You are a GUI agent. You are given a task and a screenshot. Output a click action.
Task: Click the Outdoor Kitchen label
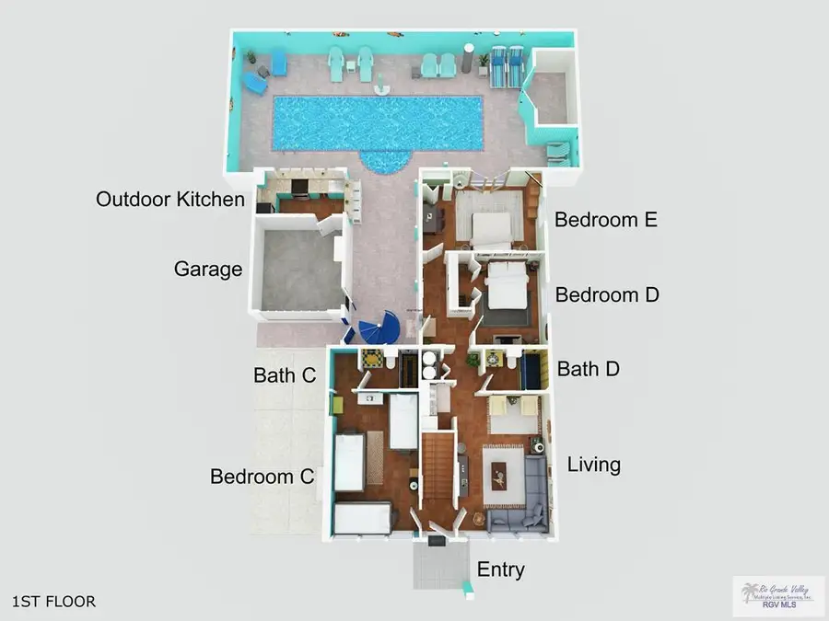170,200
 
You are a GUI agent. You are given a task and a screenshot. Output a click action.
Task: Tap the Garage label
208,270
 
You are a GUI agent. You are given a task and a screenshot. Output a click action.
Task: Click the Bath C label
285,375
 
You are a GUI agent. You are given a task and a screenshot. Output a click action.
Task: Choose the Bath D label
588,369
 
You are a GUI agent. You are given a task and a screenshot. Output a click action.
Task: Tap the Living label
593,465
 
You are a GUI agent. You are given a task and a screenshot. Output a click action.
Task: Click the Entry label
500,569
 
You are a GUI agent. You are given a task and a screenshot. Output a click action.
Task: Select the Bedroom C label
263,477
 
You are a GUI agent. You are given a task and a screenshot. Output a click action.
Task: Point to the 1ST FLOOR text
53,602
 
